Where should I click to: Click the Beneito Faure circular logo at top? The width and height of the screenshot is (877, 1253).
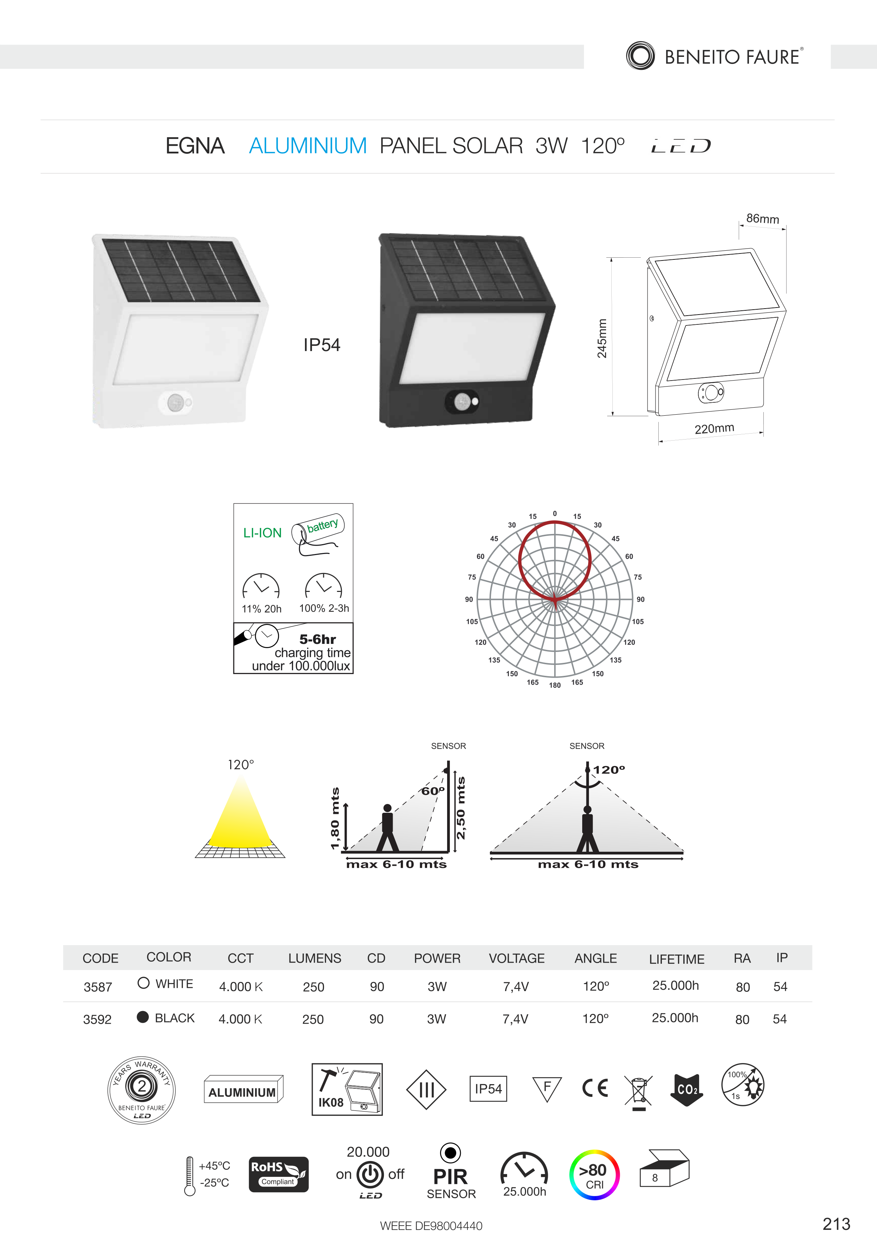click(640, 56)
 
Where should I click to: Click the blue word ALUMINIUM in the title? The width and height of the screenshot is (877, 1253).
click(308, 146)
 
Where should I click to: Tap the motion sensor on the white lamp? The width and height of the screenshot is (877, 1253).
click(175, 403)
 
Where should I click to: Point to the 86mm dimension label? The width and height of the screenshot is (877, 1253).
click(763, 219)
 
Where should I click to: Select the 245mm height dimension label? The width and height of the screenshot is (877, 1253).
click(602, 338)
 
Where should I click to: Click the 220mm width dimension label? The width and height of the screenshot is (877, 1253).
click(715, 428)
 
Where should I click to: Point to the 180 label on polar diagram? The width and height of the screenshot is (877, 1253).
click(555, 685)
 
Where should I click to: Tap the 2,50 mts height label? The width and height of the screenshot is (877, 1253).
click(461, 808)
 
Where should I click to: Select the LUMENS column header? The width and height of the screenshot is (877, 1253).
click(315, 958)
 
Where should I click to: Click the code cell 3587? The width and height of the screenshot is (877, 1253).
click(98, 987)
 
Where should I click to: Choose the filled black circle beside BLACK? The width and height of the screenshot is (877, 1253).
click(143, 1017)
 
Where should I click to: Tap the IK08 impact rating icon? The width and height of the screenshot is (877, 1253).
click(347, 1089)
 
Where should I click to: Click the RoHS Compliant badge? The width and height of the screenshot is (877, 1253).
click(279, 1174)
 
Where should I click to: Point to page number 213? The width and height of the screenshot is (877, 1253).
click(836, 1224)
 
